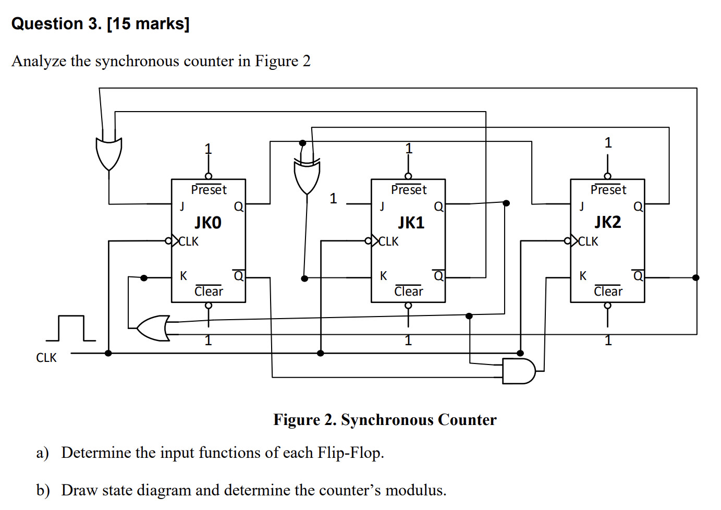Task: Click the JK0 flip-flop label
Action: [208, 223]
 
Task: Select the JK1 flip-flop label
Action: [411, 223]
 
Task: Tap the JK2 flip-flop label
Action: [608, 222]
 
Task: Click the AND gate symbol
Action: [518, 371]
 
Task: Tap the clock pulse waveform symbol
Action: [74, 328]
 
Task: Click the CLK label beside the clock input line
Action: [46, 358]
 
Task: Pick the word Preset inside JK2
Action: [608, 190]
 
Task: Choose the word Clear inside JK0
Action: [209, 292]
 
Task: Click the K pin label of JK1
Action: [384, 276]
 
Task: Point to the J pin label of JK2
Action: [582, 207]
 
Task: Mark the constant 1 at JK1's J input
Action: [333, 199]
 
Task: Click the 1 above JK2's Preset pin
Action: [608, 143]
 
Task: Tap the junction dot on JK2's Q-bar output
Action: [695, 277]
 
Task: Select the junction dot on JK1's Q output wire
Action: [506, 203]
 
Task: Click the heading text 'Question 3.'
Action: [56, 23]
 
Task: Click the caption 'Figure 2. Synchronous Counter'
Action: [385, 420]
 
